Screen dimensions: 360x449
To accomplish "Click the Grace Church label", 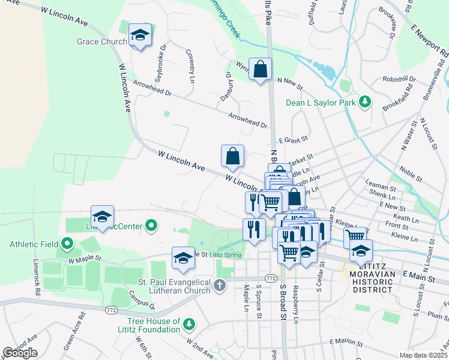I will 101,42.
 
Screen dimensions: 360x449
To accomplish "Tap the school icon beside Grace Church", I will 140,35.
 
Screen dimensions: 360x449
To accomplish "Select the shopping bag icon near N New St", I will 261,70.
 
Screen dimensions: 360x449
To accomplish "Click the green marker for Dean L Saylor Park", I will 363,102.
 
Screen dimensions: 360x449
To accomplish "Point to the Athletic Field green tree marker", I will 67,244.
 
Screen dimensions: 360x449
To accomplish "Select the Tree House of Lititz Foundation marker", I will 190,325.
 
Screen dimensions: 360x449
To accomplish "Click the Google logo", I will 20,353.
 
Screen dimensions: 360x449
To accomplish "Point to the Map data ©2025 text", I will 423,355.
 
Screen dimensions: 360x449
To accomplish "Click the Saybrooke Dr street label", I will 160,70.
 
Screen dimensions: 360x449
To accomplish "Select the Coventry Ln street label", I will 190,66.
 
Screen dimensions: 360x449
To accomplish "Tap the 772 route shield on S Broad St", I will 271,278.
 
